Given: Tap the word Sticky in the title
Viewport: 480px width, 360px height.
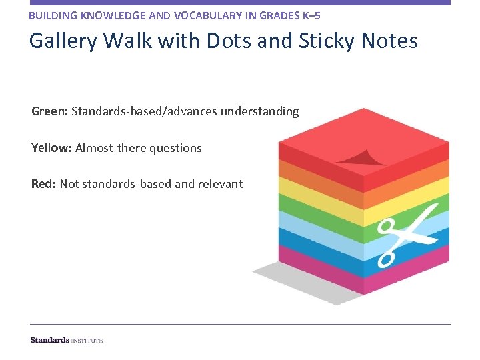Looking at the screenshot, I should (325, 41).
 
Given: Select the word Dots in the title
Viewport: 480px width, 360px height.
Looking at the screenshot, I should (231, 41).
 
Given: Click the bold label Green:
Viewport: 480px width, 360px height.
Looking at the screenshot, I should (50, 111).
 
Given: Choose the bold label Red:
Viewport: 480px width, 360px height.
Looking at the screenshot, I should (44, 184).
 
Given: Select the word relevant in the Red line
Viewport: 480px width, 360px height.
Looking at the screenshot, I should (221, 184).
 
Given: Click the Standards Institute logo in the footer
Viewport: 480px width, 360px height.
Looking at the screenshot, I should (67, 340).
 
